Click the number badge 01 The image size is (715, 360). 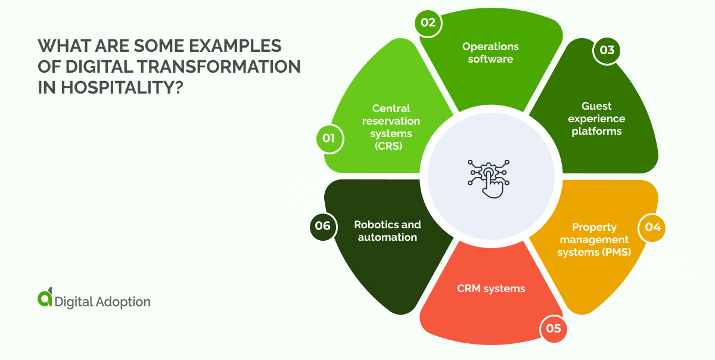coord(328,139)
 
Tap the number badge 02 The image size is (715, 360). coord(428,23)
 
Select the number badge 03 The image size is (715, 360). coord(607,50)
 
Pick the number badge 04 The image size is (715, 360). coord(652,228)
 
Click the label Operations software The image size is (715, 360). coord(490,52)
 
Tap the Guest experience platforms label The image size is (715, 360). coord(596,119)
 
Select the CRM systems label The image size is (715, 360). coord(491,288)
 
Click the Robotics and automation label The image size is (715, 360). coord(387,231)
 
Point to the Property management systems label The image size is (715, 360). coord(593,239)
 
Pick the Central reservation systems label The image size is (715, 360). coord(391,127)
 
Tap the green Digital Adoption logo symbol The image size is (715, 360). coord(45,299)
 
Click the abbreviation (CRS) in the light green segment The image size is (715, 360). coord(391,146)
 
